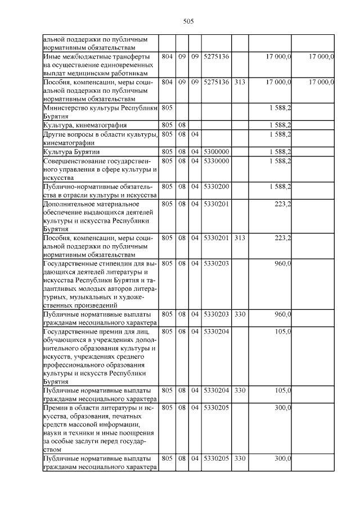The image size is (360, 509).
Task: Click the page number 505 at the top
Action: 188,21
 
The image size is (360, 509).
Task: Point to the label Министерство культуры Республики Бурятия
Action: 100,111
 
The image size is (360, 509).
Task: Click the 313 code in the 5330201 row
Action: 240,238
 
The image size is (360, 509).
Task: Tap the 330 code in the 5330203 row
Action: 240,313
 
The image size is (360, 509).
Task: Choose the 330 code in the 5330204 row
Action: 240,389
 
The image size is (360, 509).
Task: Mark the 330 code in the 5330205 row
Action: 240,458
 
